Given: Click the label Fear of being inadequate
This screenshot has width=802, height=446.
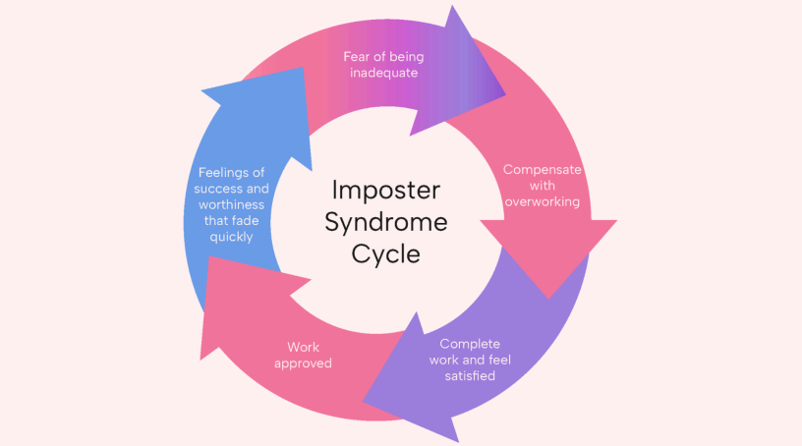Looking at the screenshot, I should [x=383, y=64].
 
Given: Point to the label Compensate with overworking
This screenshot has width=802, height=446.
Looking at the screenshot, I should [x=542, y=185].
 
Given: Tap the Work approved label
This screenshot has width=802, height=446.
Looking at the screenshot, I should [x=304, y=355].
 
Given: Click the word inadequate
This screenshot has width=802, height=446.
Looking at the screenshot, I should [x=383, y=73].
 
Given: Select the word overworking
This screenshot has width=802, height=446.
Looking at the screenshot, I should [x=542, y=201].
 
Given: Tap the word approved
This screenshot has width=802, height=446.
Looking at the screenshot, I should [x=304, y=363].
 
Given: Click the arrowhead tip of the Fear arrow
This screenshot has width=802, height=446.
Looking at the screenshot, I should [x=504, y=95].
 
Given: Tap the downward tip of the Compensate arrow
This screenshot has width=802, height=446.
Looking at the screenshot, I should [x=549, y=297].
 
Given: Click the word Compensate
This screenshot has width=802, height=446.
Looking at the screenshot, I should [x=542, y=169].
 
